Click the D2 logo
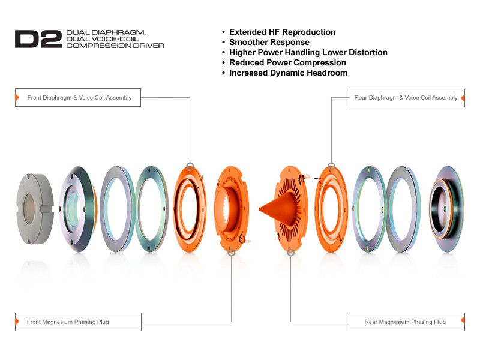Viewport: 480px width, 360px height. (38, 38)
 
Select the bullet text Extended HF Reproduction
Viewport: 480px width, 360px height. (282, 32)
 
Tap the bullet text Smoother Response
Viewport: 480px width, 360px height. (269, 42)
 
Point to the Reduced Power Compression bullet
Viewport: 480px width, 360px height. (287, 62)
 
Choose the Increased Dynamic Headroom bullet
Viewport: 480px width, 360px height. (288, 73)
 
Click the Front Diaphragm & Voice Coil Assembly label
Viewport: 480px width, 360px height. (80, 97)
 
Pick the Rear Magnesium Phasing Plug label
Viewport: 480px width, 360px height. (405, 322)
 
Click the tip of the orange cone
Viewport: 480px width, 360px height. (260, 209)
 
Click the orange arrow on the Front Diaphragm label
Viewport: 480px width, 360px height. (17, 97)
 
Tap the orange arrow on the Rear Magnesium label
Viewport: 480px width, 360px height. (463, 322)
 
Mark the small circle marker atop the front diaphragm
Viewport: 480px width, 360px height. (190, 166)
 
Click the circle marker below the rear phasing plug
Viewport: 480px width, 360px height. (291, 253)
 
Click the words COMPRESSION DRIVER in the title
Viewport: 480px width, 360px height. (115, 45)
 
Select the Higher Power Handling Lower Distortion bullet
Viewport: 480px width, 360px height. (308, 52)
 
